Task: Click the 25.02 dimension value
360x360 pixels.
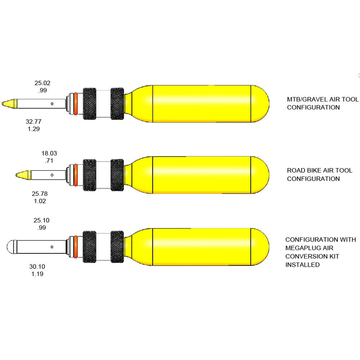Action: (x=42, y=83)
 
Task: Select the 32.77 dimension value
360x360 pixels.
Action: (x=33, y=121)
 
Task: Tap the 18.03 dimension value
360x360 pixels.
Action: (x=49, y=153)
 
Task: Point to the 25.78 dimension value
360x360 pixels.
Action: (x=40, y=194)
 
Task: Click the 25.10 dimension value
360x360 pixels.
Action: (x=41, y=220)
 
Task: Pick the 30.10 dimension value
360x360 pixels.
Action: (x=37, y=266)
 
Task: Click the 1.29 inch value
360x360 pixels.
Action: (x=34, y=129)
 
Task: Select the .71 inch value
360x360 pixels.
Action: (x=49, y=161)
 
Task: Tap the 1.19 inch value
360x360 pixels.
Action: (x=37, y=274)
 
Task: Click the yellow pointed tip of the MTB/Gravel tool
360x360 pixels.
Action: (x=10, y=104)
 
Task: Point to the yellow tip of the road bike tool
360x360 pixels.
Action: (x=23, y=175)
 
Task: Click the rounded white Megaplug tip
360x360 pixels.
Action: (x=12, y=247)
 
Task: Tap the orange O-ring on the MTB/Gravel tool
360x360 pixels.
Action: (x=76, y=104)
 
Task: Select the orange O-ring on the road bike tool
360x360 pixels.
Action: (x=76, y=175)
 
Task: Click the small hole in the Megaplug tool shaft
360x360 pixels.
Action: (x=52, y=247)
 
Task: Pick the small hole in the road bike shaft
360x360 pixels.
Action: (x=52, y=175)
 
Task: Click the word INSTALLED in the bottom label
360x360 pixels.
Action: (x=302, y=265)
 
